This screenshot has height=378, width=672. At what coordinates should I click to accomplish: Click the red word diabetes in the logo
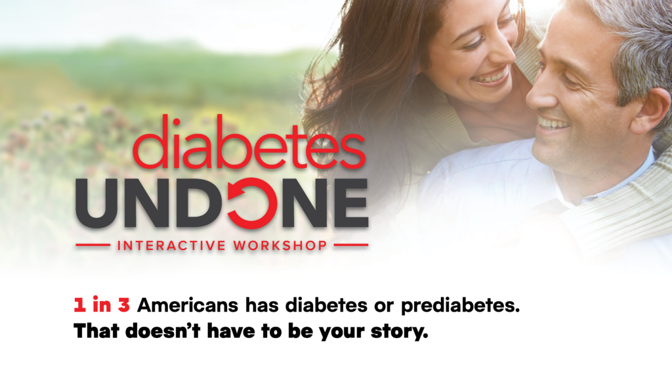tap(249, 142)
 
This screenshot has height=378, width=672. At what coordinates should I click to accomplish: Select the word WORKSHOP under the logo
tap(280, 245)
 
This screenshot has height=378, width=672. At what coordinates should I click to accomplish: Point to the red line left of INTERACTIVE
tap(93, 245)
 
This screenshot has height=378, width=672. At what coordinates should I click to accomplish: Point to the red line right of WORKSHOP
tap(351, 245)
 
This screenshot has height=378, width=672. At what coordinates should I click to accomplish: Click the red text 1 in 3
tap(102, 305)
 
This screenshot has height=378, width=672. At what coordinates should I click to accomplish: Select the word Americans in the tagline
tap(188, 305)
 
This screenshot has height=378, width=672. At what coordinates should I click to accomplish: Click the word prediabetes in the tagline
tap(460, 306)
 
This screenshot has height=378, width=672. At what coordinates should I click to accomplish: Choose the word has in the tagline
tap(262, 305)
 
